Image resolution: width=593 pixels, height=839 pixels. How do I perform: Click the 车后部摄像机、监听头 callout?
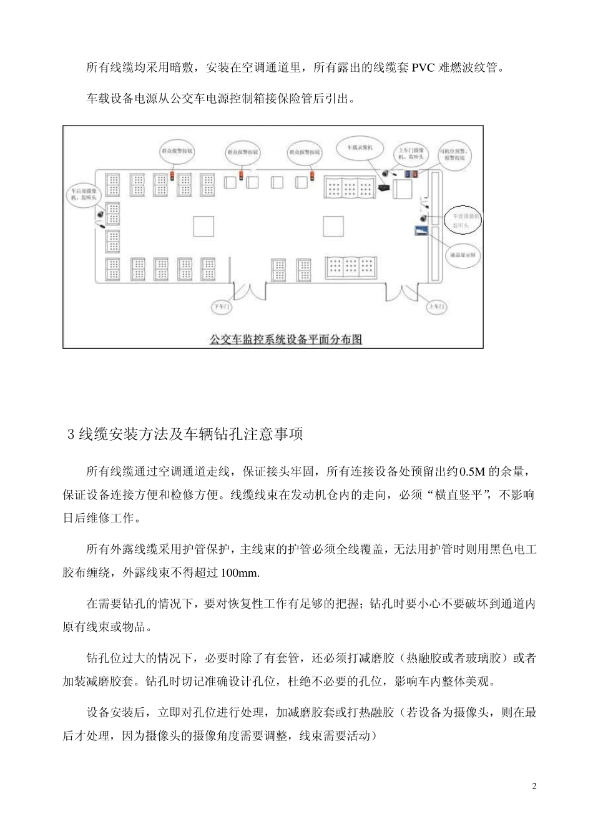coord(83,194)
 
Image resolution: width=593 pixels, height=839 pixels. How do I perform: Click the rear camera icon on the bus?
coord(100,214)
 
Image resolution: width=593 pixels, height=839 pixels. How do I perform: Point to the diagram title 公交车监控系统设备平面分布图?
coord(286,339)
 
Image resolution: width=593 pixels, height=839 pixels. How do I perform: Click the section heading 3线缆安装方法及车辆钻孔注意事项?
coord(185,434)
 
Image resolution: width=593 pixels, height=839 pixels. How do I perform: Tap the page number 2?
coord(534,785)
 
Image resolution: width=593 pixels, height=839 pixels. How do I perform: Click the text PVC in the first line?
coord(424,67)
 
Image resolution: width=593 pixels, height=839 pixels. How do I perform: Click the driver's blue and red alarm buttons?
coord(411,173)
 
